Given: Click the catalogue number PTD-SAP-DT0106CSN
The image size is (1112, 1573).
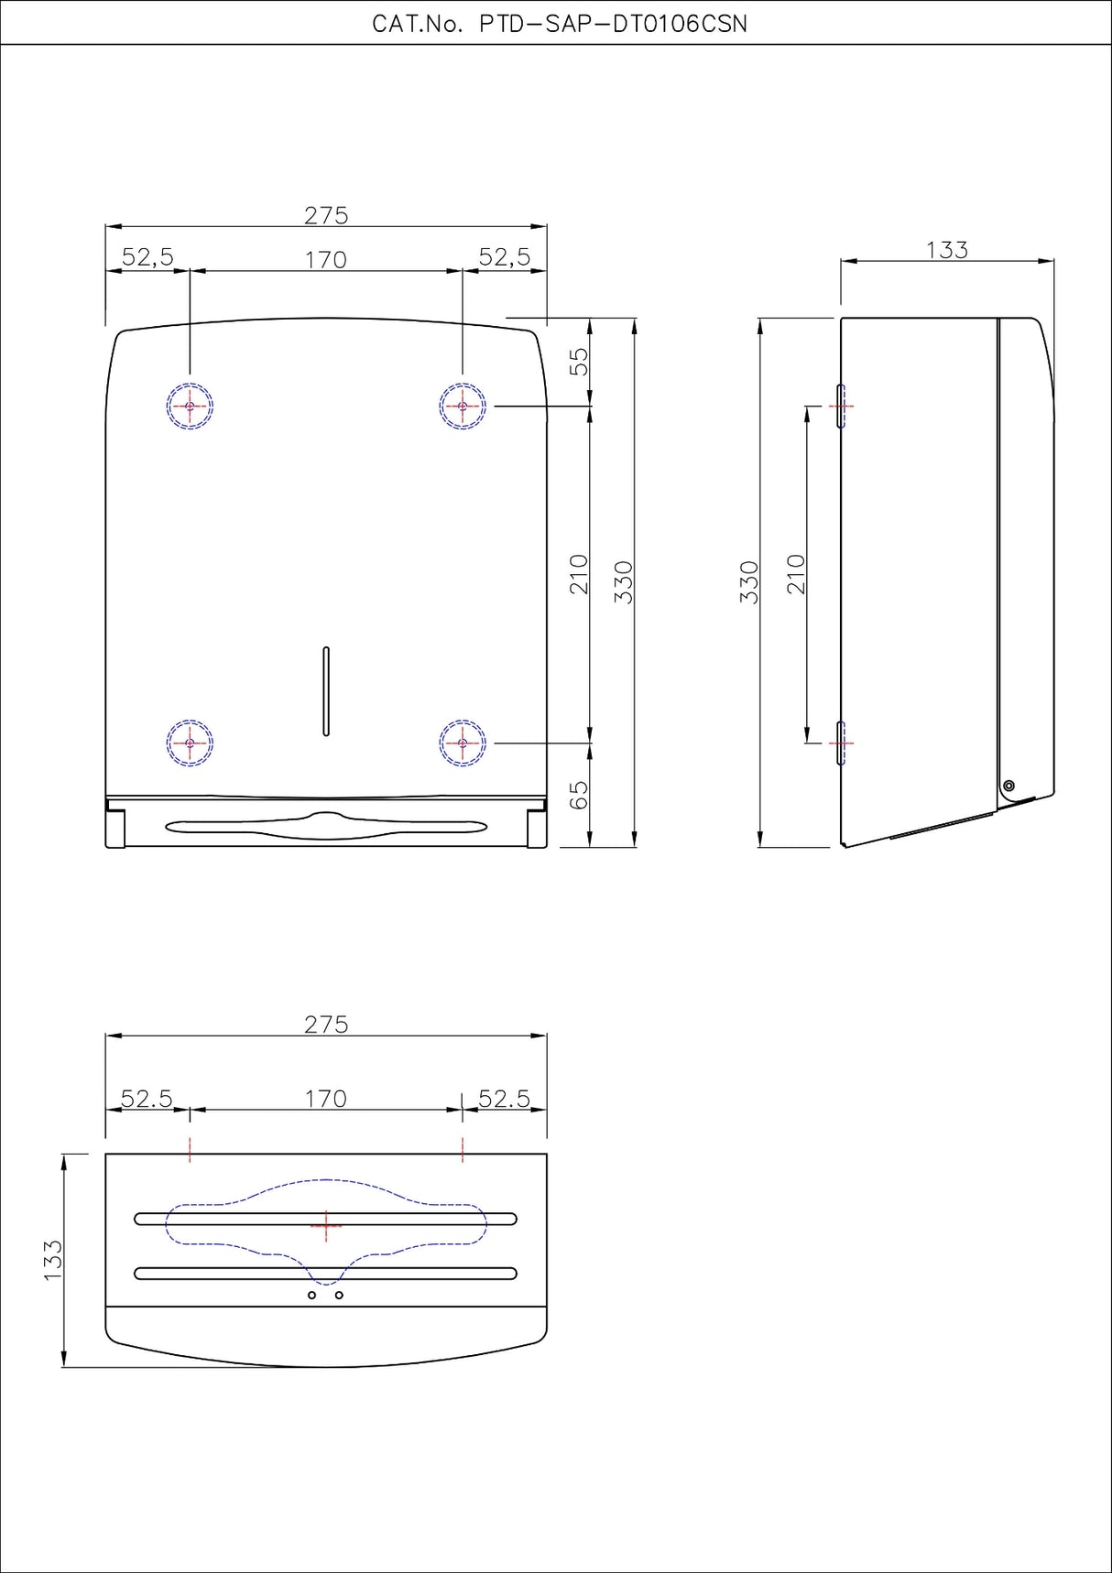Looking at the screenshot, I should click(x=560, y=25).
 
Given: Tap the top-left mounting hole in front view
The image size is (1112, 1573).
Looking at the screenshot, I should click(x=190, y=406).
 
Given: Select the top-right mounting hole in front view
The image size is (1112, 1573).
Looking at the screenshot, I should click(x=463, y=406).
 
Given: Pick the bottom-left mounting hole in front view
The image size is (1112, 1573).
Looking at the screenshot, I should click(x=190, y=743).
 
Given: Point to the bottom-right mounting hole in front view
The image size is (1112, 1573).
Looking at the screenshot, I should click(x=463, y=743).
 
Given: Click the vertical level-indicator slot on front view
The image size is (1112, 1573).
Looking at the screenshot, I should click(x=326, y=691).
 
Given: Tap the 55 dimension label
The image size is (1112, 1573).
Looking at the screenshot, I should click(x=579, y=362).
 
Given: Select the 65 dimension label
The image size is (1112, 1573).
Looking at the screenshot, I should click(x=579, y=795).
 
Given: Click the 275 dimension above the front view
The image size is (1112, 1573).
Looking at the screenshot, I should click(x=326, y=215).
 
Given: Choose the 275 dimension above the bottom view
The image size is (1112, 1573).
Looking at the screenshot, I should click(x=326, y=1025).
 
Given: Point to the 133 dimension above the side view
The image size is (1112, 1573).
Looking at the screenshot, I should click(x=946, y=250).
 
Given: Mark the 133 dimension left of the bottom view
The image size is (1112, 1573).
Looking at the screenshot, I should click(x=53, y=1260).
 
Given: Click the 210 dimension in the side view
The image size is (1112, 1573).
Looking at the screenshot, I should click(x=796, y=574).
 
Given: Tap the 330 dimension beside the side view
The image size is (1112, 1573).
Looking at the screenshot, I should click(x=749, y=581).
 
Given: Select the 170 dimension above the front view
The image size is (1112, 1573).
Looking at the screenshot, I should click(x=326, y=260).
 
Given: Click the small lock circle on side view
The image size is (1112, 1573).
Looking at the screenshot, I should click(x=1009, y=786).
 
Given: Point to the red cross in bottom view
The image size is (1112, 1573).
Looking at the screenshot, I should click(x=326, y=1224).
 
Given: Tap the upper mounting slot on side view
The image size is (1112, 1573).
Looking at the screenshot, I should click(x=840, y=406).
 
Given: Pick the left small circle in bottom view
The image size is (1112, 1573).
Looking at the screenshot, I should click(x=311, y=1295).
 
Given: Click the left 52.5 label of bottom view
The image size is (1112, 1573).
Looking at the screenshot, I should click(x=147, y=1099).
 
